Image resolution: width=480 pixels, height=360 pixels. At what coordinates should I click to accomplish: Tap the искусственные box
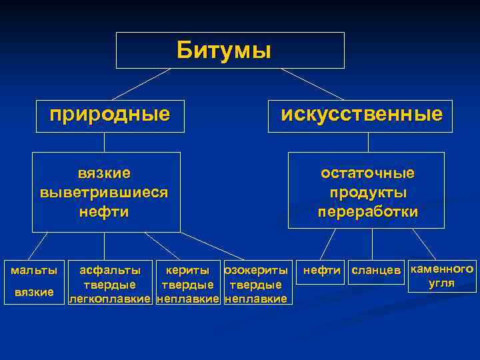pos(361,114)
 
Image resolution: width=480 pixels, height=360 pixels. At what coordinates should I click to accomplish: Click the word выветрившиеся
pos(104,193)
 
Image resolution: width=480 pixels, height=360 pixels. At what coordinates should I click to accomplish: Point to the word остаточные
pos(367,173)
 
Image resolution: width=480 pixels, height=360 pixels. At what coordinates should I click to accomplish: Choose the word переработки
pos(367,213)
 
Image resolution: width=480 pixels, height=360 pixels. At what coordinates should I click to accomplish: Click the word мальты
pos(33,270)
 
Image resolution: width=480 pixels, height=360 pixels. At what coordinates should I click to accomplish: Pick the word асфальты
pos(110,270)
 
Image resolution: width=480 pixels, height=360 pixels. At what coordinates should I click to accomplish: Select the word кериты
pos(187,270)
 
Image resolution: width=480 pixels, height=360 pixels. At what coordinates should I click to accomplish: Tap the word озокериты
pos(257,270)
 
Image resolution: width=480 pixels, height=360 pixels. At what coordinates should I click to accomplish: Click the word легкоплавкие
pos(111,299)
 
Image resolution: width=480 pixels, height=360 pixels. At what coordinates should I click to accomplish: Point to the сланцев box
pos(377,270)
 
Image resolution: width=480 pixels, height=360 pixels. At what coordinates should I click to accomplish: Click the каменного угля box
pos(441,275)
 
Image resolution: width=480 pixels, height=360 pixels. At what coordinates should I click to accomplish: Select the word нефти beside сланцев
pos(323,270)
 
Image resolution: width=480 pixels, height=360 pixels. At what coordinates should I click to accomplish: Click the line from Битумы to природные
pos(141,84)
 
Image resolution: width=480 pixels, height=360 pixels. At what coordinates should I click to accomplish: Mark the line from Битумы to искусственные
pos(312,84)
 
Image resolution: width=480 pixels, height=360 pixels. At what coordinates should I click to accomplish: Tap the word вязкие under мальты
pos(33,292)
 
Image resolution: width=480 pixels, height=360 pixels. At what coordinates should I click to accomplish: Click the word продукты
pos(367,193)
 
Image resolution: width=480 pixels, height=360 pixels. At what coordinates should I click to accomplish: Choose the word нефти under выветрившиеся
pos(104,213)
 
